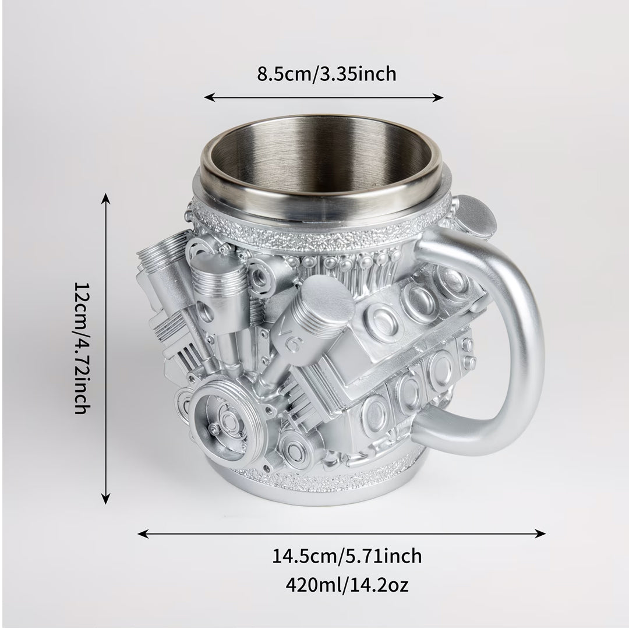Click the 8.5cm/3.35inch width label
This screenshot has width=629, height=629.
[327, 74]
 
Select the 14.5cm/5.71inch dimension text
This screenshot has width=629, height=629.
[347, 556]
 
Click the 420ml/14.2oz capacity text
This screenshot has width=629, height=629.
[347, 585]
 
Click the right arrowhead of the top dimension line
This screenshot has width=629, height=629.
[438, 97]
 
